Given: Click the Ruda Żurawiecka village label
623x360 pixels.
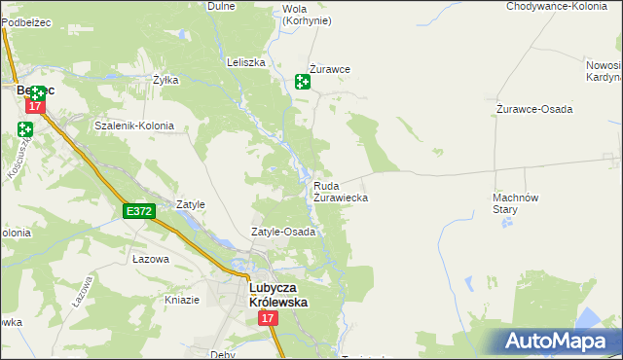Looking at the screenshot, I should (x=340, y=191).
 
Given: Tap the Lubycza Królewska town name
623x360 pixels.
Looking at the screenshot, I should (x=278, y=295).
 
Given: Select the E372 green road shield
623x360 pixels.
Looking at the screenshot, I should (x=138, y=210).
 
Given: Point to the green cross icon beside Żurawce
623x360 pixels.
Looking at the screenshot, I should (x=303, y=83).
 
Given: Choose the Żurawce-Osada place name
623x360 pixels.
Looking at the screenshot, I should (x=533, y=108).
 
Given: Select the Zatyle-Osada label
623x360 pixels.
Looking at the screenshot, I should (x=283, y=233).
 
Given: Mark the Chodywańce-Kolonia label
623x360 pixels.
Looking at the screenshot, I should (x=557, y=6).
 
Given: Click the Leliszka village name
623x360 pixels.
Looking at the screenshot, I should (x=246, y=61).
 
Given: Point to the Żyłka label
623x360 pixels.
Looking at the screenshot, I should (x=165, y=80).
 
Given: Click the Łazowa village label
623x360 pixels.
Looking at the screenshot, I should (x=150, y=260).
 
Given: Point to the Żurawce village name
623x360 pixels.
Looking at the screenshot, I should (x=330, y=70).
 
